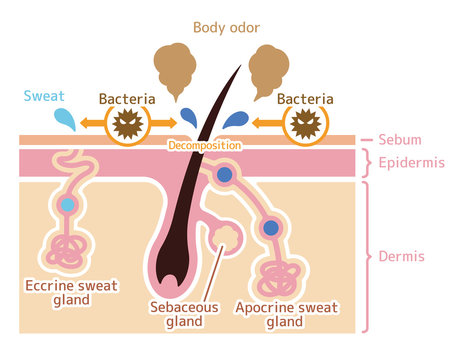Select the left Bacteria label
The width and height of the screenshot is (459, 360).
[126, 99]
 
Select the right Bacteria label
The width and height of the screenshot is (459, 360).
[305, 99]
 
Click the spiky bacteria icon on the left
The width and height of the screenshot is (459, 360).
[127, 125]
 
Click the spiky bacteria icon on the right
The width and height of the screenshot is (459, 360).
[306, 125]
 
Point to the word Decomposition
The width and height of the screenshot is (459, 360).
[203, 146]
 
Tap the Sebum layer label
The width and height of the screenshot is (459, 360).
[401, 142]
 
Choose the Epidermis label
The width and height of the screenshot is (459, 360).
[411, 163]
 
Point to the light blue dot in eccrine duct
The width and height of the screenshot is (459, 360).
[67, 205]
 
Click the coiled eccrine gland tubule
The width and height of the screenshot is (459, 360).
[67, 254]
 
